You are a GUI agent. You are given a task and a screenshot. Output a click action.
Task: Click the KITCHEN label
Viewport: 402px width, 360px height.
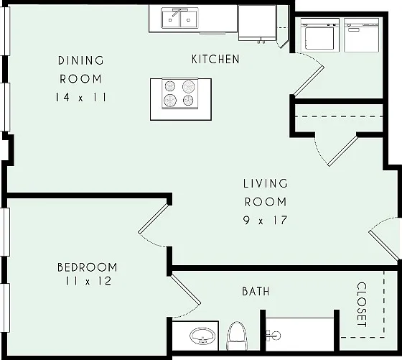click(215, 59)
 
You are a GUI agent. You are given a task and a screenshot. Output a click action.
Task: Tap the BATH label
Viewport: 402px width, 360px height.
click(256, 292)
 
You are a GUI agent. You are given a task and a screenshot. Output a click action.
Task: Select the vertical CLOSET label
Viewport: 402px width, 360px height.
click(362, 305)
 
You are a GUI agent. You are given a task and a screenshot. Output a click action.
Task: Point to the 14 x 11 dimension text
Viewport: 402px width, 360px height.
click(80, 98)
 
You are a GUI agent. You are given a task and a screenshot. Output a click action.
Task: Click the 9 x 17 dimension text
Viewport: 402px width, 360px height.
click(266, 221)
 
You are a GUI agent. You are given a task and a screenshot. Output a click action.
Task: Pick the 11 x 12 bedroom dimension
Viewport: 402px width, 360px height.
click(88, 281)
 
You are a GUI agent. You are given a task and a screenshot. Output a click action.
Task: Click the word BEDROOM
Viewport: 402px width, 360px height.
click(87, 267)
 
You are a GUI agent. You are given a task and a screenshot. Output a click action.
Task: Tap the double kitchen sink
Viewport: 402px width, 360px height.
click(179, 18)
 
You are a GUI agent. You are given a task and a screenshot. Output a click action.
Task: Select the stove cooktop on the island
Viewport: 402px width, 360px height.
click(180, 93)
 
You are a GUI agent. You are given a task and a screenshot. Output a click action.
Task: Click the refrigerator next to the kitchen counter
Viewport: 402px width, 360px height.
click(257, 22)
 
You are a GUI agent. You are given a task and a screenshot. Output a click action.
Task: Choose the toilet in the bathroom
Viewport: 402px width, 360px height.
click(237, 336)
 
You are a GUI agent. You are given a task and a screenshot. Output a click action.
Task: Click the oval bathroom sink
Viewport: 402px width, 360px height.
click(202, 336)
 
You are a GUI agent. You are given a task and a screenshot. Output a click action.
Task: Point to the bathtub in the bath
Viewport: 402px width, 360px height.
click(300, 334)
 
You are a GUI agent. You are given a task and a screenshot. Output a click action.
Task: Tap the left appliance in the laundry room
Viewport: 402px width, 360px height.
click(319, 35)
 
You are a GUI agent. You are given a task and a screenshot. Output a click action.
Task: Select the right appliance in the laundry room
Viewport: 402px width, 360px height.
click(361, 35)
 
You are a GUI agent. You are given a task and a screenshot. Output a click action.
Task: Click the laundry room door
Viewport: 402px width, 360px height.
click(309, 81)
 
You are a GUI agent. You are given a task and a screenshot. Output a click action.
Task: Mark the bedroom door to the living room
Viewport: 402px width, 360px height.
click(154, 218)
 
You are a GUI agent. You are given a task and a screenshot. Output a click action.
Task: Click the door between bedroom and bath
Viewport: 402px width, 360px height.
click(185, 290)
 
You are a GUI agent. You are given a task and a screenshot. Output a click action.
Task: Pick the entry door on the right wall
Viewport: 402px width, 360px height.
click(384, 246)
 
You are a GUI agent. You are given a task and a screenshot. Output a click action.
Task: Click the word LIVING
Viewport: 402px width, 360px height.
click(266, 184)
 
